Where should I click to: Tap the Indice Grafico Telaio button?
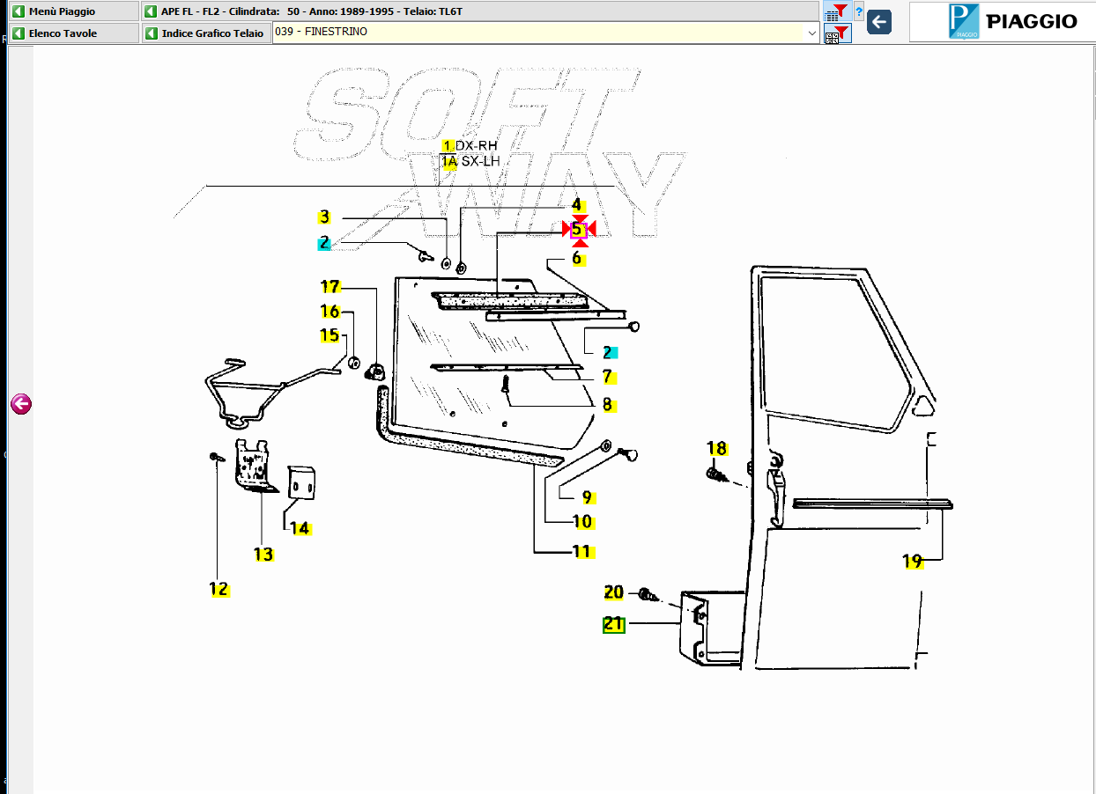(x=204, y=33)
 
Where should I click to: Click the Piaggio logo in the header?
(x=1002, y=21)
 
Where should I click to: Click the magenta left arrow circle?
(x=21, y=404)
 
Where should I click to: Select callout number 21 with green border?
(x=613, y=624)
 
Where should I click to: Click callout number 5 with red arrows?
(x=578, y=230)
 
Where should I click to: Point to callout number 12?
(x=218, y=589)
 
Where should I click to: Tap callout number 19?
(x=913, y=561)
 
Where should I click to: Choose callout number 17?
(x=330, y=286)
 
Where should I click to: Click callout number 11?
(x=581, y=552)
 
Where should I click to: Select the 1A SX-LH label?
(x=471, y=161)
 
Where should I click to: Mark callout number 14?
(x=300, y=528)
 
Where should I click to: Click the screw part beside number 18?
(x=715, y=475)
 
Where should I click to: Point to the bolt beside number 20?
(x=647, y=594)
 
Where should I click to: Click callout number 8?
(x=607, y=405)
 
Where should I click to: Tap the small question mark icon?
(x=859, y=11)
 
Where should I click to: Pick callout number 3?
(x=324, y=217)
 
